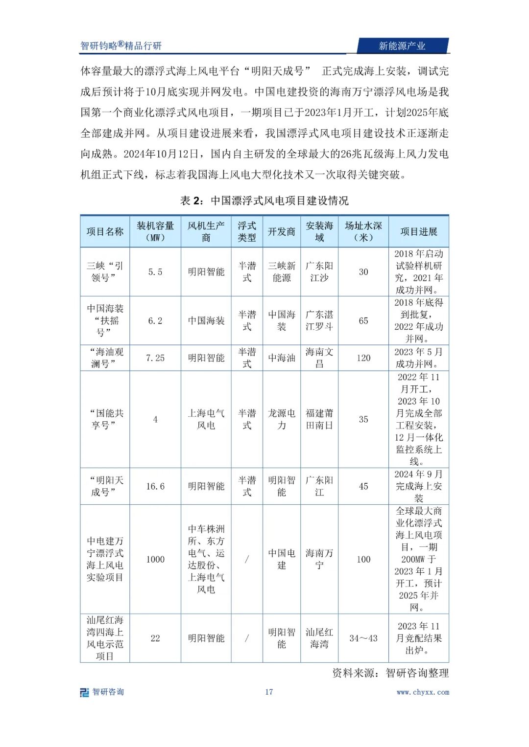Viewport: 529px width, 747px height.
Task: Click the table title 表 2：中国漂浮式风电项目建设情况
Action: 264,201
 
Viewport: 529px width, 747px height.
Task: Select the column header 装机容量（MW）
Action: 155,231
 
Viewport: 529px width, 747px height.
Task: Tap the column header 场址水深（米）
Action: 363,231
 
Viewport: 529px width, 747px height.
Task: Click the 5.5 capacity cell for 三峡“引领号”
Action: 155,272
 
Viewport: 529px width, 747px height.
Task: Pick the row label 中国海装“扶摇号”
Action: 105,320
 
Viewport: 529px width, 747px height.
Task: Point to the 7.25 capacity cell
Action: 155,358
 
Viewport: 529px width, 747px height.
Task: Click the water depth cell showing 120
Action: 363,358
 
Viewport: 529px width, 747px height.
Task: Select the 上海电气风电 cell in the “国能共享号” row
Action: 206,419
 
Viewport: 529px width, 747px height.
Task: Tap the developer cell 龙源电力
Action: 282,419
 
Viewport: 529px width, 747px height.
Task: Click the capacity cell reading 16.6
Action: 155,486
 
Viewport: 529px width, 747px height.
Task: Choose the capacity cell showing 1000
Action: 155,559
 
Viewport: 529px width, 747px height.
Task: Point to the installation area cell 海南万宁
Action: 319,559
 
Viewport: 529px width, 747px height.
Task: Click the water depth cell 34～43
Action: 363,638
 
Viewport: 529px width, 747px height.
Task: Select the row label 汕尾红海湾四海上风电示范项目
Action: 105,638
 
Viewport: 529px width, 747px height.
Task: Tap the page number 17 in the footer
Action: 269,692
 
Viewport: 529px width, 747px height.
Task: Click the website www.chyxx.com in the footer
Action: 423,692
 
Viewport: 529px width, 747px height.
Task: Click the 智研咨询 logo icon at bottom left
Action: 85,692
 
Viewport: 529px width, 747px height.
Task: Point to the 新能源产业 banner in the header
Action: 402,46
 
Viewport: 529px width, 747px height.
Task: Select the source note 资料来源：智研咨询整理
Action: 390,674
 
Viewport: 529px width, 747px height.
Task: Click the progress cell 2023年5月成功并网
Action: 419,358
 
